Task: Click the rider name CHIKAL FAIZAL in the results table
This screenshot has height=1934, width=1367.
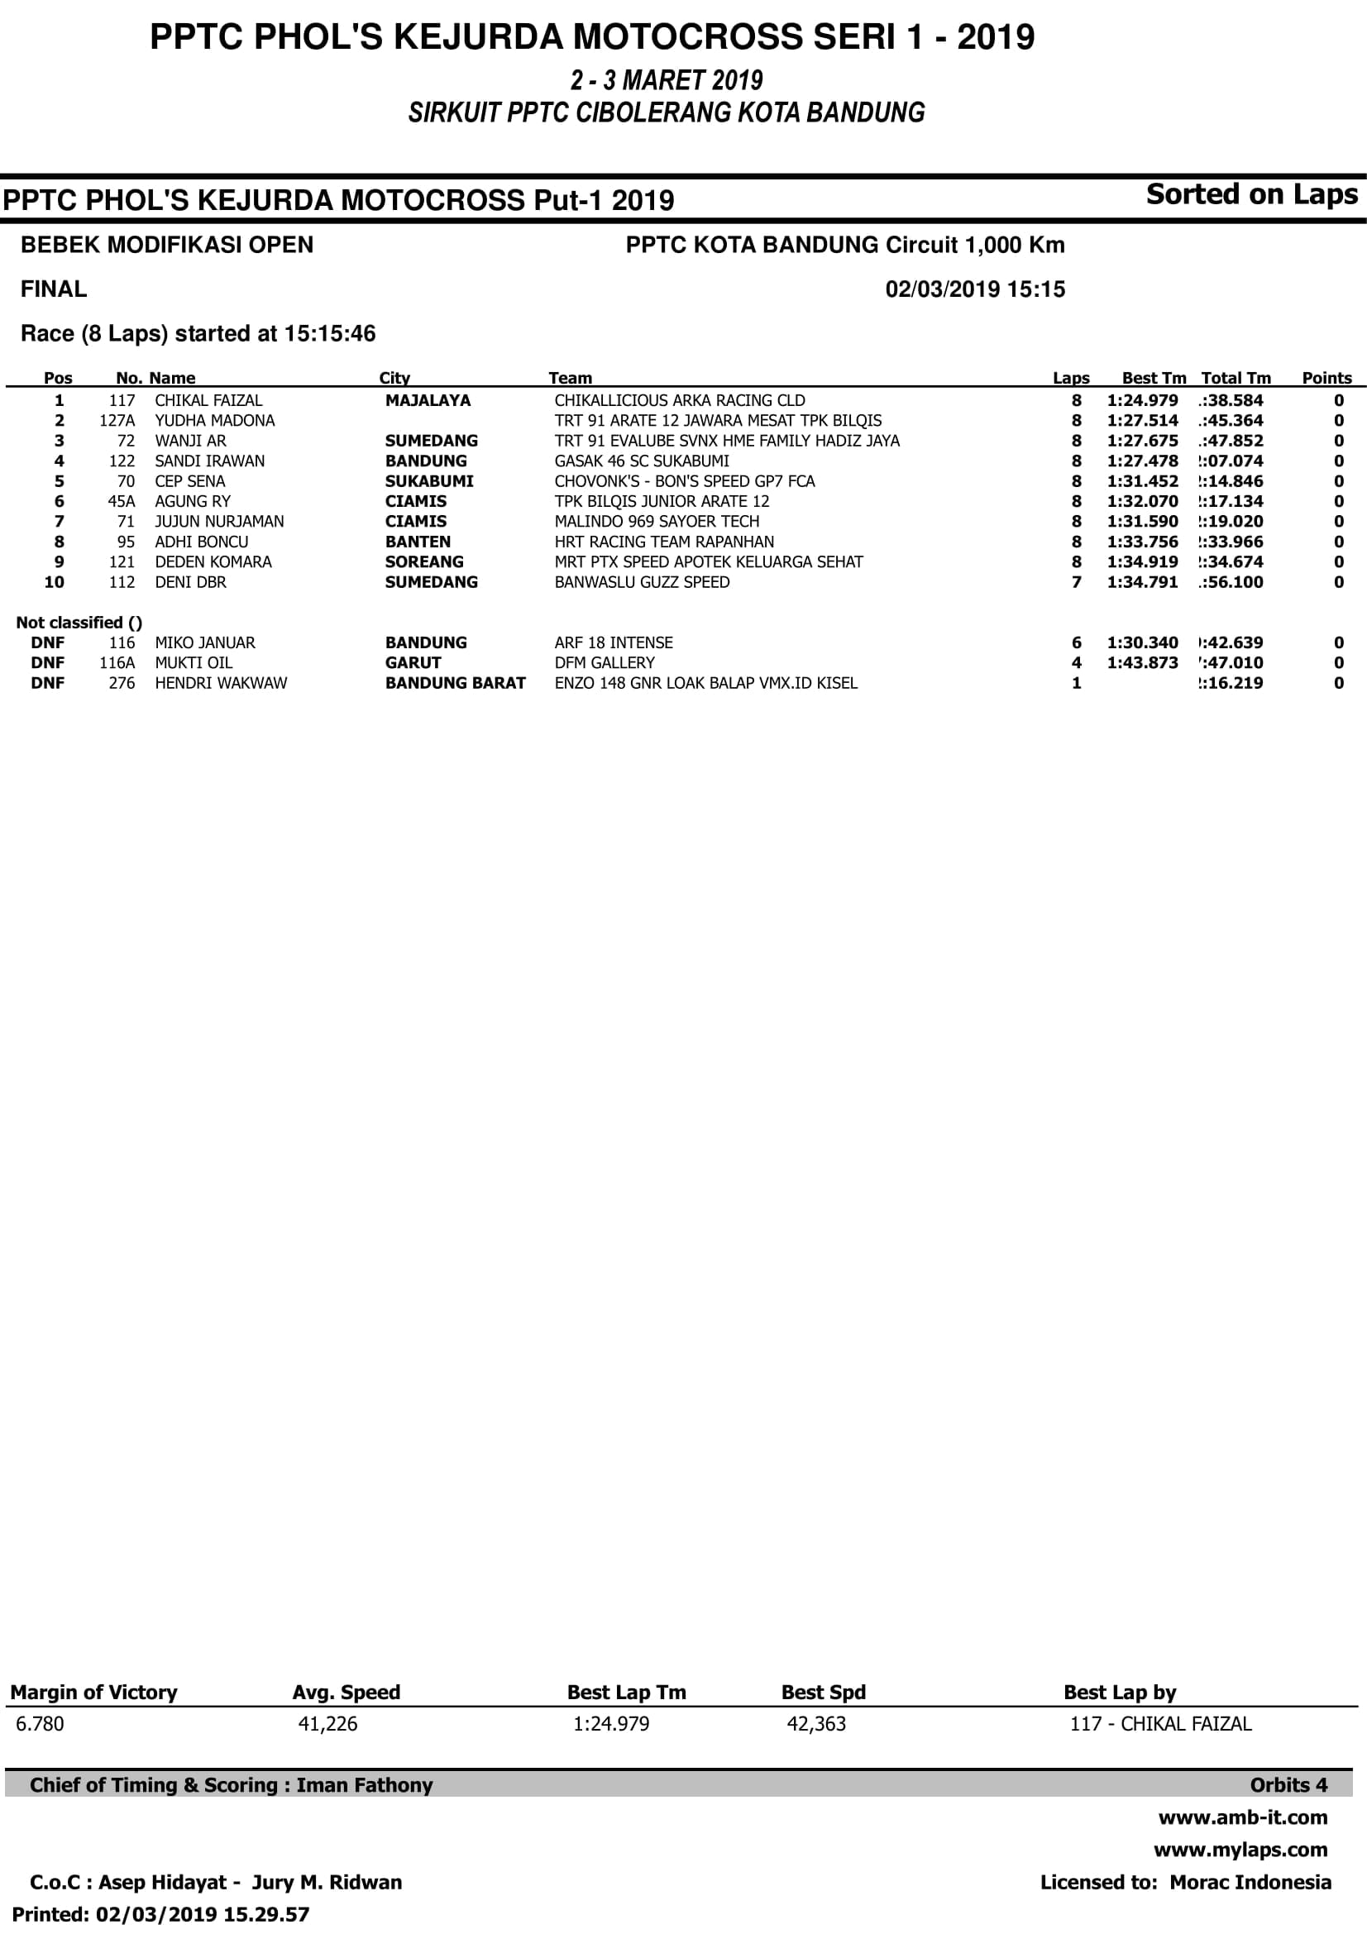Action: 208,400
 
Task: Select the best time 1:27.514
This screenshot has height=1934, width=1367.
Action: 1142,420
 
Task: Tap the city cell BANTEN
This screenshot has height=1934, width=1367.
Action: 418,542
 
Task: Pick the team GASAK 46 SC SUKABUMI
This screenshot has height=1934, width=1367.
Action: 642,461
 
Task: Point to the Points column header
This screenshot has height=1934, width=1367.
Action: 1326,378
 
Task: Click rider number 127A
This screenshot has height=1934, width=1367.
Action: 117,420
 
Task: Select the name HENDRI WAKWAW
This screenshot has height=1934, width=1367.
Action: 221,683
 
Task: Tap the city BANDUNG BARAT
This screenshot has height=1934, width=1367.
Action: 455,683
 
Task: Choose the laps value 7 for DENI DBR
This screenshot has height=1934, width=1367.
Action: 1077,582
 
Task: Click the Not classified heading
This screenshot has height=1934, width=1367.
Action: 79,623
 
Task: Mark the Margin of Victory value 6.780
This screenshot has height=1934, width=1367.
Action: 40,1723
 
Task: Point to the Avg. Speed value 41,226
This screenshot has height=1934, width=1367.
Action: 327,1723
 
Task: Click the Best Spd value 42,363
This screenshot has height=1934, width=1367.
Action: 815,1723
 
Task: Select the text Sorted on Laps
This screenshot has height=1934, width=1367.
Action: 1251,194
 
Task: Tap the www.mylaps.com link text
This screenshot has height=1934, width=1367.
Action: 1240,1850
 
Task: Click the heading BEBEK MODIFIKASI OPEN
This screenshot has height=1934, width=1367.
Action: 167,245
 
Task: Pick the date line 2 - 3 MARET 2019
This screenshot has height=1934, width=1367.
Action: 667,81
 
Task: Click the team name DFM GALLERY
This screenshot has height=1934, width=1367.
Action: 604,663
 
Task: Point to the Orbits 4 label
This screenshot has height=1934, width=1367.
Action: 1288,1785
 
